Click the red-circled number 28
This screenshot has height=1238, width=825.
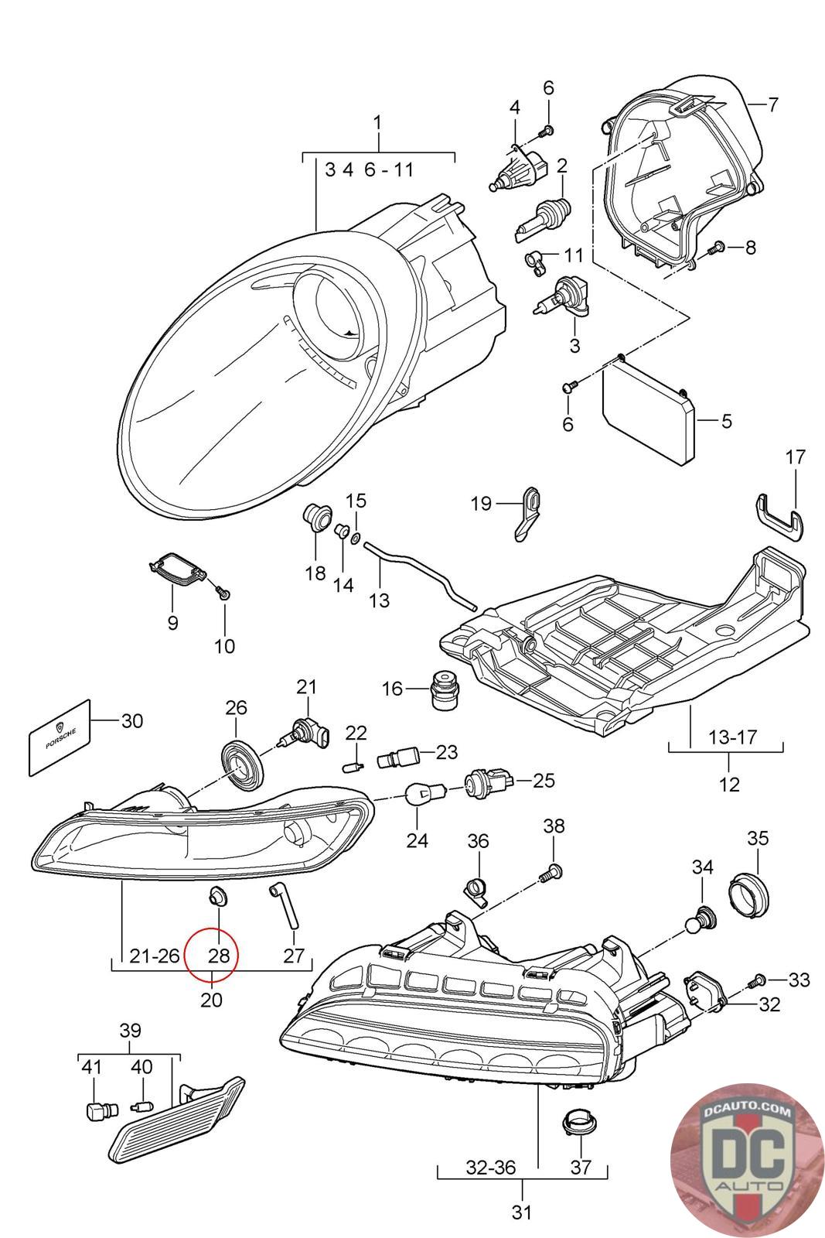[x=218, y=955]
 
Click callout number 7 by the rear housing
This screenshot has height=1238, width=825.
[x=772, y=104]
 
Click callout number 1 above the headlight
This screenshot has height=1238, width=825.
[x=377, y=122]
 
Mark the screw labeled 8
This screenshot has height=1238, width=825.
[x=715, y=248]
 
